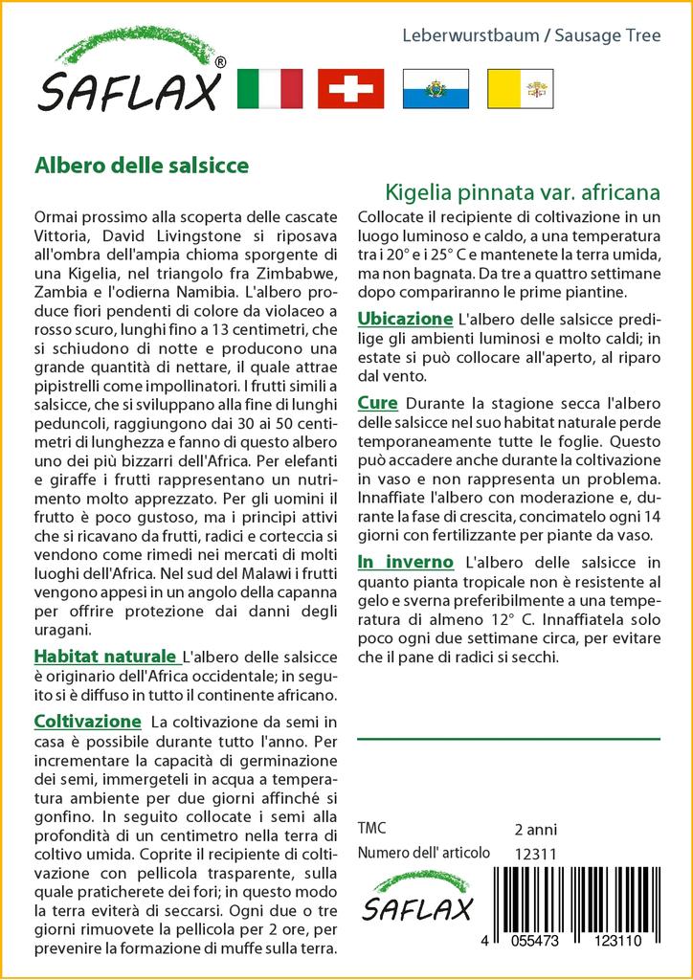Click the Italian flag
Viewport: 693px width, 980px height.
click(x=269, y=88)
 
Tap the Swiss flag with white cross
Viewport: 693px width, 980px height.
click(x=351, y=88)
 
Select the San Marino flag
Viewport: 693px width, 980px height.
click(x=436, y=88)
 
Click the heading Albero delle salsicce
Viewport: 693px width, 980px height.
click(x=142, y=165)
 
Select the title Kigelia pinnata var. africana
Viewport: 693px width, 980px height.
click(x=523, y=190)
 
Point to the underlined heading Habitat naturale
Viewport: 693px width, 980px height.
click(x=105, y=657)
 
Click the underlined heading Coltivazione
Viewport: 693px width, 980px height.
click(x=88, y=721)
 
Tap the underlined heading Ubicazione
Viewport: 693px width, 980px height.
click(x=404, y=318)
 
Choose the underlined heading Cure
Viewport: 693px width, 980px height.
click(x=377, y=403)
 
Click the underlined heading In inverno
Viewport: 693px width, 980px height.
click(x=403, y=561)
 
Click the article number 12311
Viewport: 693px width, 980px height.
click(x=535, y=854)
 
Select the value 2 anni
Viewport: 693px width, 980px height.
click(x=535, y=829)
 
